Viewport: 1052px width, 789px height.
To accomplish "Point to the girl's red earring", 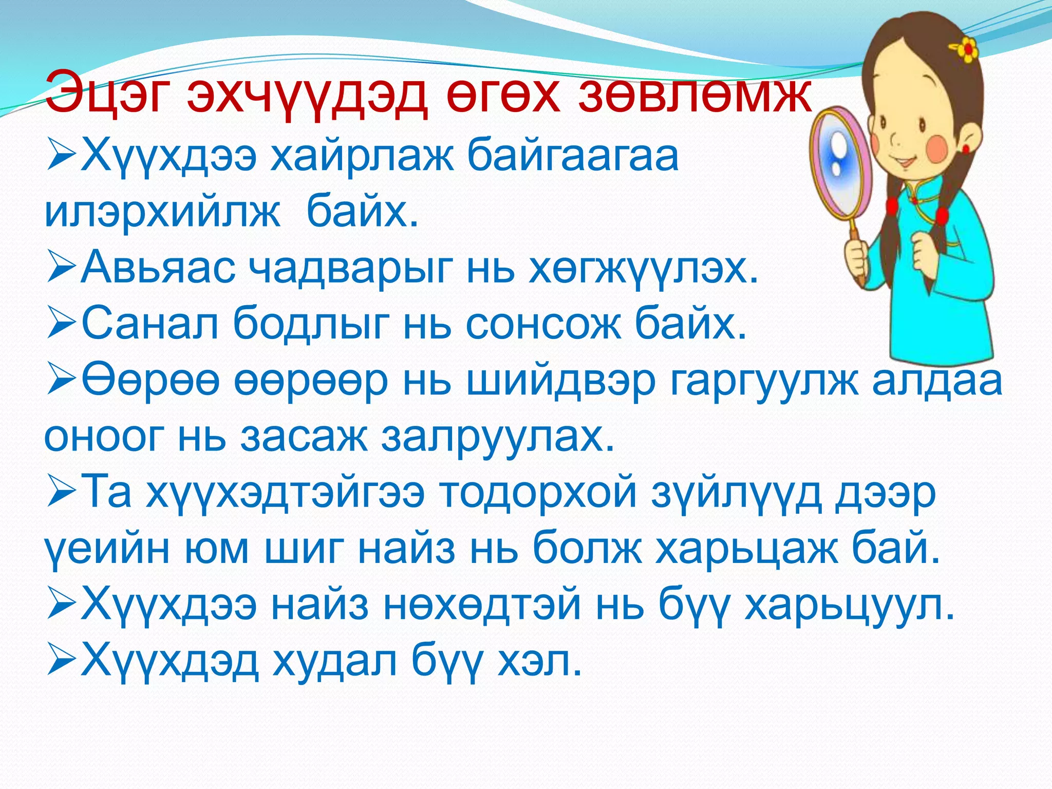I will (965, 149).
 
